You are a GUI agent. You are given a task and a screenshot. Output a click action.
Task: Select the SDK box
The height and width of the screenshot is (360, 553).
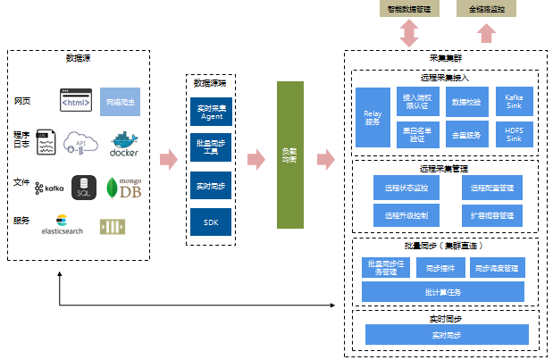[211, 221]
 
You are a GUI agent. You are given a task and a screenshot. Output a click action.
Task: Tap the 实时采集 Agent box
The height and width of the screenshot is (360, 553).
[211, 113]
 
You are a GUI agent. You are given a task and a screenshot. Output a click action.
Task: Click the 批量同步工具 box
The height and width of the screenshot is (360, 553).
[211, 147]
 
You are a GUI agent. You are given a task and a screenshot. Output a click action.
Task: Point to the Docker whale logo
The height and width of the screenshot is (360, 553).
[124, 143]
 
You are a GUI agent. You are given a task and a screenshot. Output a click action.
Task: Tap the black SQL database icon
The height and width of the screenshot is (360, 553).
[84, 188]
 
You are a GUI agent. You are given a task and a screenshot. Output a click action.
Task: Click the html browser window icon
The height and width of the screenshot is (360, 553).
[77, 101]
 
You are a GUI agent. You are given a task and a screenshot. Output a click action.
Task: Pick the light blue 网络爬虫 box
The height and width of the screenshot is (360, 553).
[120, 102]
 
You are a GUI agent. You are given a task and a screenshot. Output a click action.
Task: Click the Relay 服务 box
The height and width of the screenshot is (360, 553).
[373, 117]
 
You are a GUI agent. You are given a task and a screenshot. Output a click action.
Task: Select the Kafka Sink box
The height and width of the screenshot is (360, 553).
[514, 101]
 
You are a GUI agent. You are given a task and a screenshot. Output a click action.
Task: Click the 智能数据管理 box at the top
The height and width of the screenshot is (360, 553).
[407, 8]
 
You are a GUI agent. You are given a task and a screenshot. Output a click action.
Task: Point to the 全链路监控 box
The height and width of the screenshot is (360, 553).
[487, 8]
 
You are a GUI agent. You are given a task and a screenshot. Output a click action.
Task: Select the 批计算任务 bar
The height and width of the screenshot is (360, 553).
[442, 292]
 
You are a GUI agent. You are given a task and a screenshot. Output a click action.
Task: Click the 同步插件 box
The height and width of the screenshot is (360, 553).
[441, 267]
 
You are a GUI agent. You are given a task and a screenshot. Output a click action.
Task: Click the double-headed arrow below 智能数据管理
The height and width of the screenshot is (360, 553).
[408, 32]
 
